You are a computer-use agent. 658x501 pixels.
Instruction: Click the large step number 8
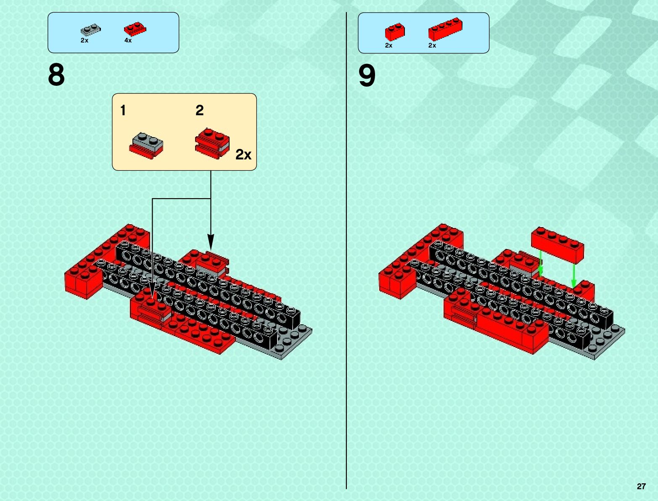tap(56, 75)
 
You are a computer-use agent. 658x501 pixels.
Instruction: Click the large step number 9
tap(367, 76)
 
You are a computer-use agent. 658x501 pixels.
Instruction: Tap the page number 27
tap(641, 486)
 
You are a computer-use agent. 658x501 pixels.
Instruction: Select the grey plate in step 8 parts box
tap(90, 29)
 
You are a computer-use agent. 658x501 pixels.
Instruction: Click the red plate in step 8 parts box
tap(135, 29)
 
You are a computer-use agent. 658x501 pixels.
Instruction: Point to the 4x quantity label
tap(128, 40)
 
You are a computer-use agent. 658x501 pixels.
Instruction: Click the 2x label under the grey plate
tap(85, 40)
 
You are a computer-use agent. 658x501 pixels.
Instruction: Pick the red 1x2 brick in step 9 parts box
tap(394, 32)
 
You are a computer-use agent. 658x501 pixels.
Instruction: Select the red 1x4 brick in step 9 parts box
tap(445, 29)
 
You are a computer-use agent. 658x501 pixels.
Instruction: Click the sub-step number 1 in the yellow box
tap(123, 110)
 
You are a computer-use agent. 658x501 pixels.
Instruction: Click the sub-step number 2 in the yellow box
tap(199, 110)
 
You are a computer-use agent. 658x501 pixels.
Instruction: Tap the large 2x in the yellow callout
tap(243, 155)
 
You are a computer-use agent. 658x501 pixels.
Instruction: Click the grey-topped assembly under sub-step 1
tap(146, 145)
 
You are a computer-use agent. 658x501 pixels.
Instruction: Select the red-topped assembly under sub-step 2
tap(212, 144)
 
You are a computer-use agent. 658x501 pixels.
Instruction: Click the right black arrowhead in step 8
tap(211, 243)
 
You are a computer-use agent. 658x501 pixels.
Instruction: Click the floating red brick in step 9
tap(558, 244)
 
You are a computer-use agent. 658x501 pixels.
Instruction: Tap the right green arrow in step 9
tap(573, 276)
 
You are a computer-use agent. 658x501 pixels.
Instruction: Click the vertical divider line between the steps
tap(346, 252)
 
